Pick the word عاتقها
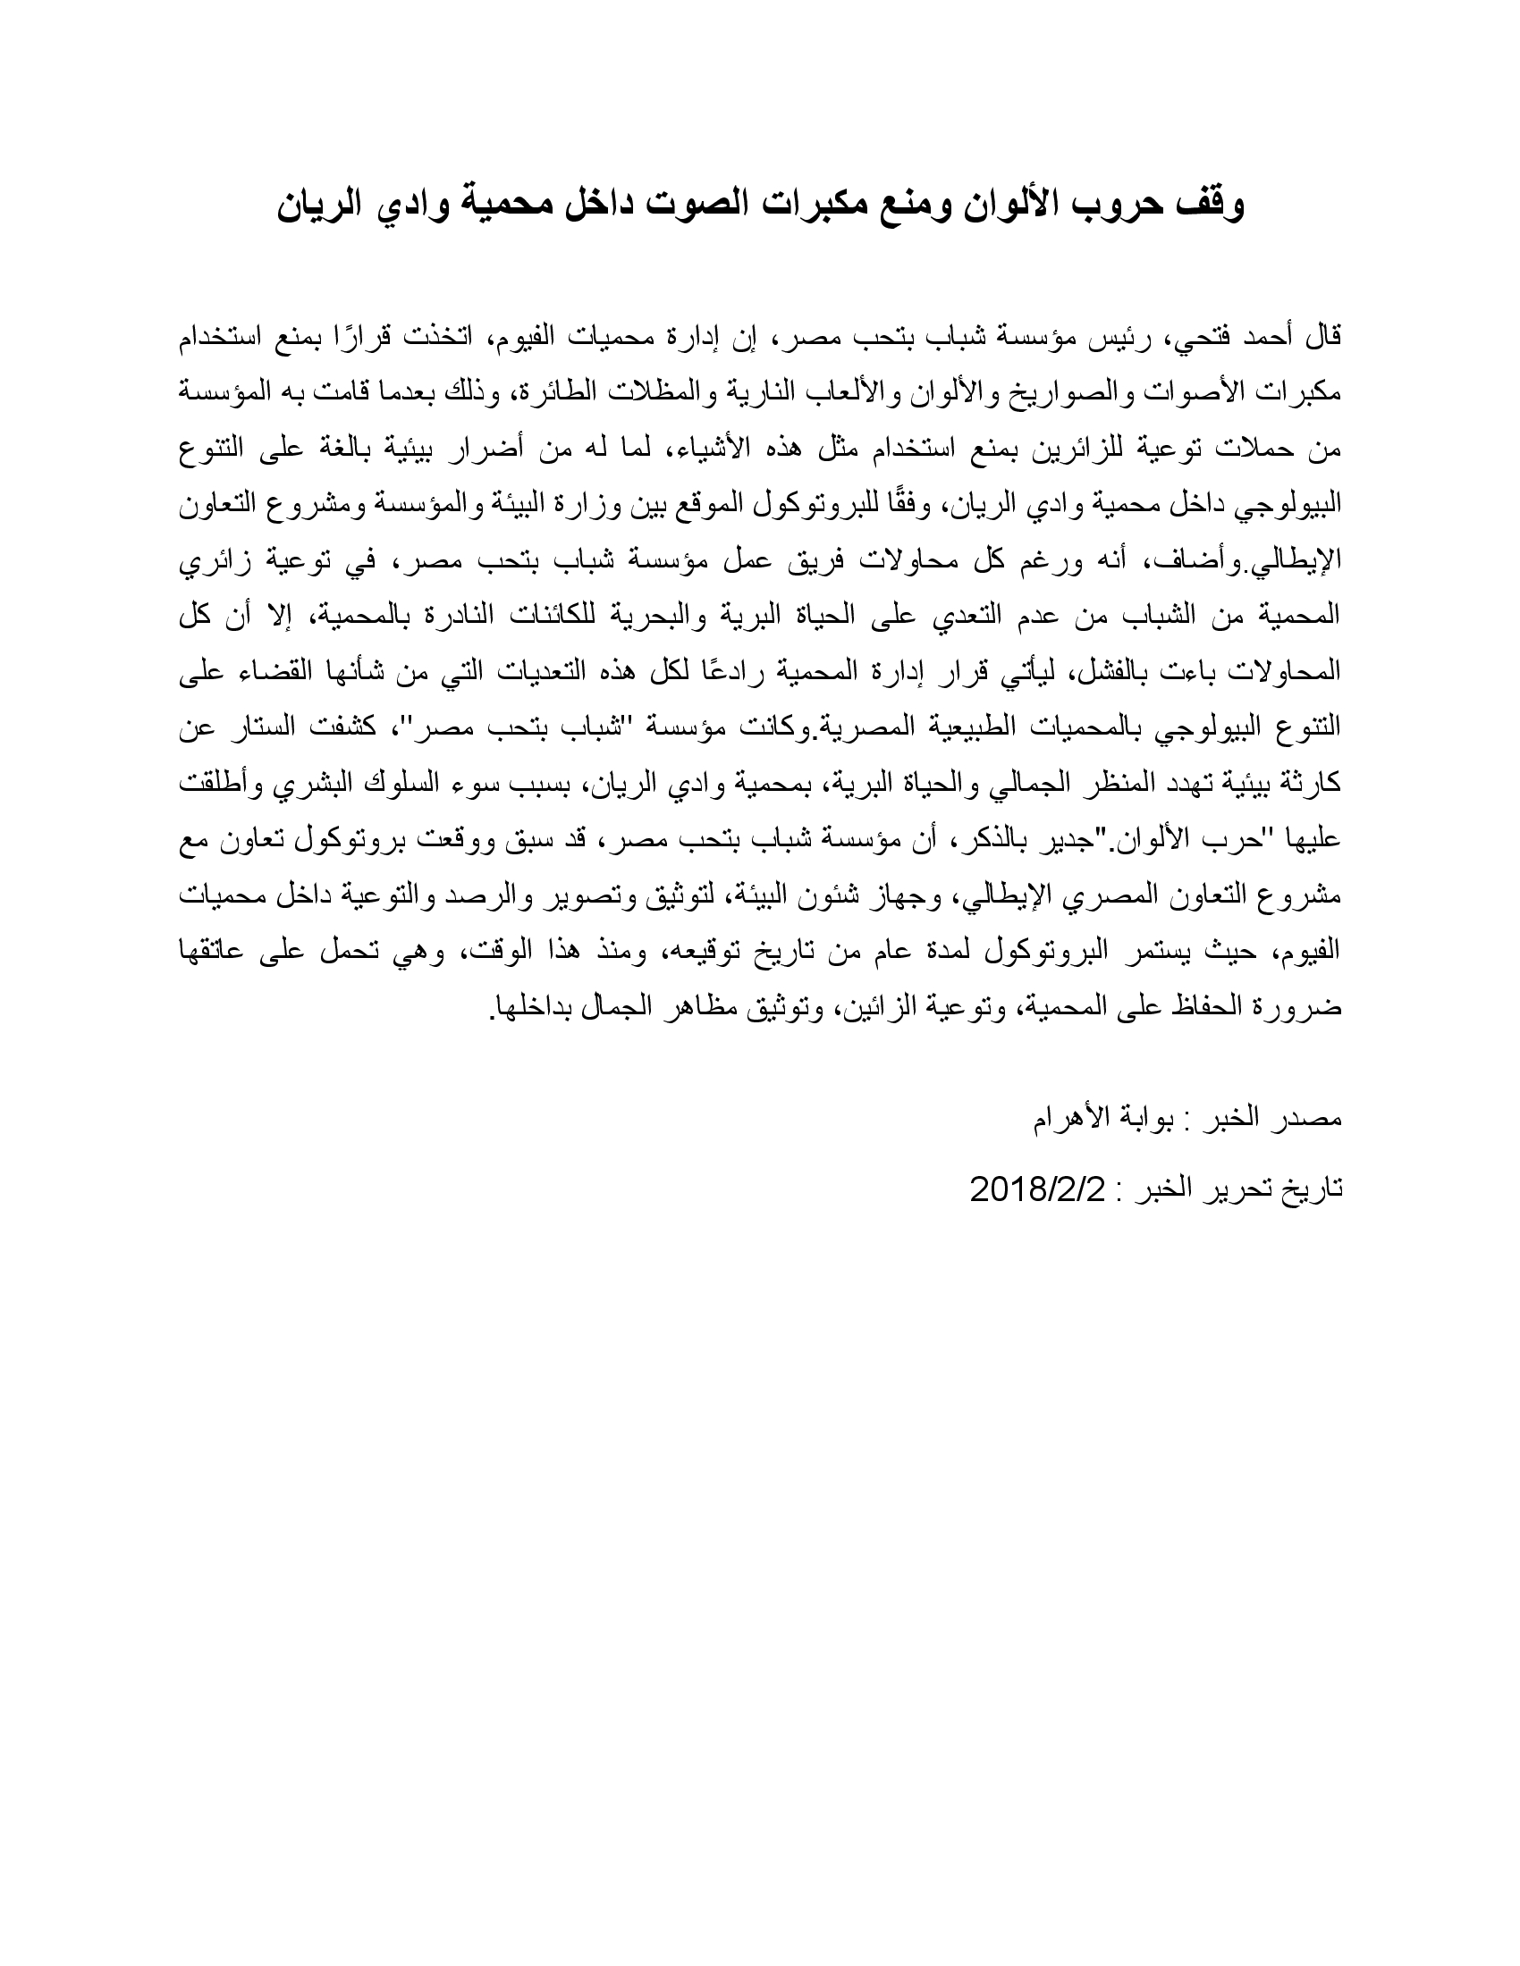[219, 952]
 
